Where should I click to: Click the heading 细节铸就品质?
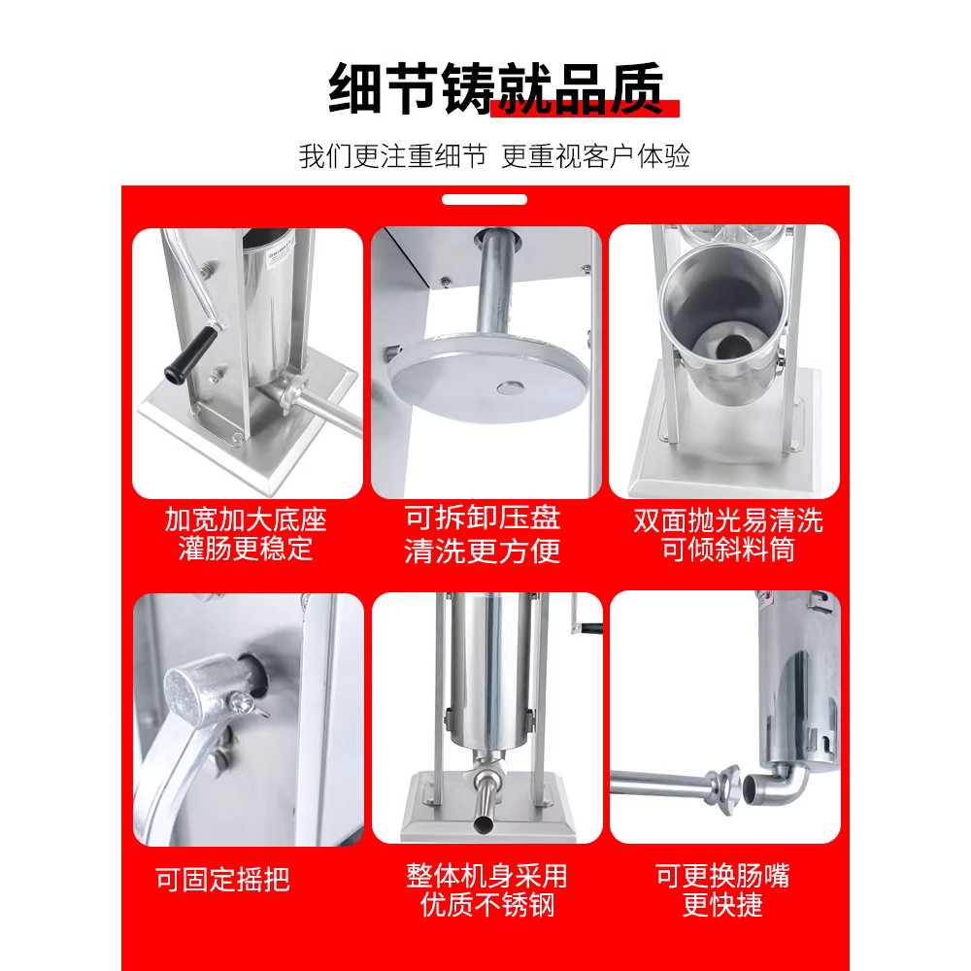click(496, 88)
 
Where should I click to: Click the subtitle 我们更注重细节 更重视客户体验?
click(494, 156)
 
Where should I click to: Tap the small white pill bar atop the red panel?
click(485, 199)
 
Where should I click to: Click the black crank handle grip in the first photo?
click(190, 354)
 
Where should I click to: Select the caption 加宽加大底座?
click(246, 519)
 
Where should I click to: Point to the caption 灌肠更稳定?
click(246, 550)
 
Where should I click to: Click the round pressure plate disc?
click(489, 377)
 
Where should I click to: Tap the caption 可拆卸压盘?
click(483, 518)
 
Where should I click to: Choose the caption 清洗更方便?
click(483, 551)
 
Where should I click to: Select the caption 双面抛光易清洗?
click(728, 520)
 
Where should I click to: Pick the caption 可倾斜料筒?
click(728, 550)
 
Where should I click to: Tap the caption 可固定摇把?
click(223, 879)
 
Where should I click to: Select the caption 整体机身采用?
click(486, 876)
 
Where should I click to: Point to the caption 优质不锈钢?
click(486, 905)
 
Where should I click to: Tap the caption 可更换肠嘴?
click(722, 876)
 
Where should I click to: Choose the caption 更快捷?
click(722, 905)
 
